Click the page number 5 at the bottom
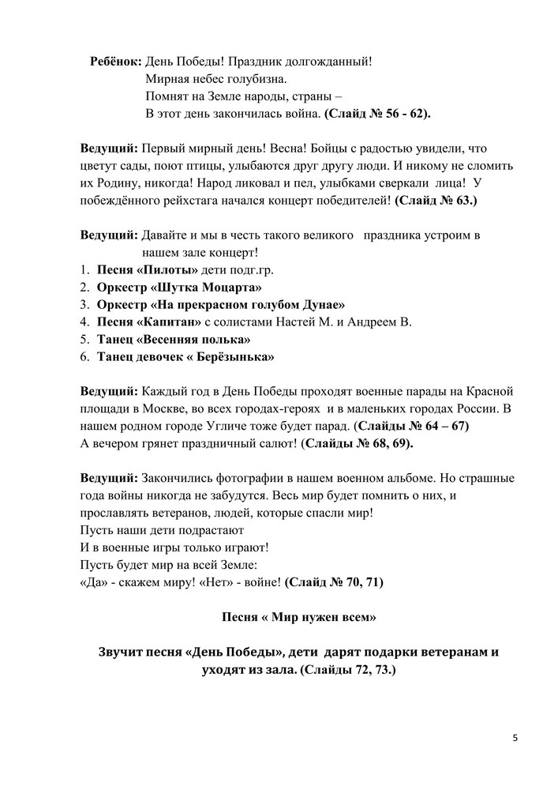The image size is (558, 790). click(x=515, y=738)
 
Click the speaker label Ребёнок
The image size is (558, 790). click(x=117, y=61)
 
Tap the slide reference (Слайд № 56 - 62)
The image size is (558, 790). click(x=378, y=113)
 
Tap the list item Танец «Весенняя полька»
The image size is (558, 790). click(x=174, y=340)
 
